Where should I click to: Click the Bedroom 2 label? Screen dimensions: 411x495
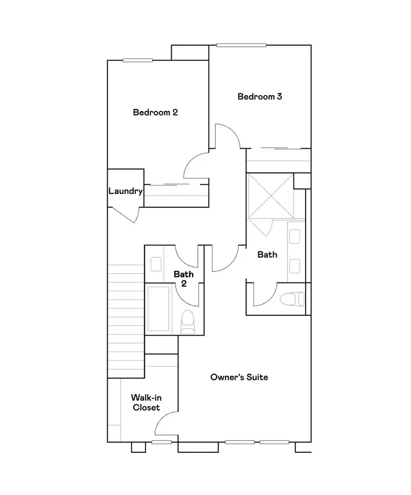[155, 112]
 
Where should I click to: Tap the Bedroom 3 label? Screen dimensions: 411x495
[259, 96]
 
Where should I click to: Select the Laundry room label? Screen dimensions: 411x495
[126, 191]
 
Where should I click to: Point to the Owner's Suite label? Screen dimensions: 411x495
[239, 377]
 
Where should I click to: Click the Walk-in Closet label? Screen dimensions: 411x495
[146, 402]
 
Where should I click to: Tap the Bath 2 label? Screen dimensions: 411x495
[184, 279]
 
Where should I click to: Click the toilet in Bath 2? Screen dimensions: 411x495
[187, 322]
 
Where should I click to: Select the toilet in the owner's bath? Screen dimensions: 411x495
[292, 299]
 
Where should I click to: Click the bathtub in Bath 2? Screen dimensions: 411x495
[158, 309]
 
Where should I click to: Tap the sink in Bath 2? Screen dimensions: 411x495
[156, 264]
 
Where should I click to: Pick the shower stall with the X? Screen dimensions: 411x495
[271, 196]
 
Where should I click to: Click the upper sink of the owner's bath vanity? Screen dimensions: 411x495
[295, 237]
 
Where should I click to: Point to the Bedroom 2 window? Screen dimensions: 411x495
[137, 60]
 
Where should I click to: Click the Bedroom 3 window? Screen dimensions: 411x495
[241, 45]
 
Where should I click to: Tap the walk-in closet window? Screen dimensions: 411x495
[161, 442]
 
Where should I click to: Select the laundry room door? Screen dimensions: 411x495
[123, 214]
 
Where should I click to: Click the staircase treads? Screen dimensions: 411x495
[126, 321]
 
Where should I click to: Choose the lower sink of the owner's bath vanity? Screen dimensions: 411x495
[295, 266]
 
